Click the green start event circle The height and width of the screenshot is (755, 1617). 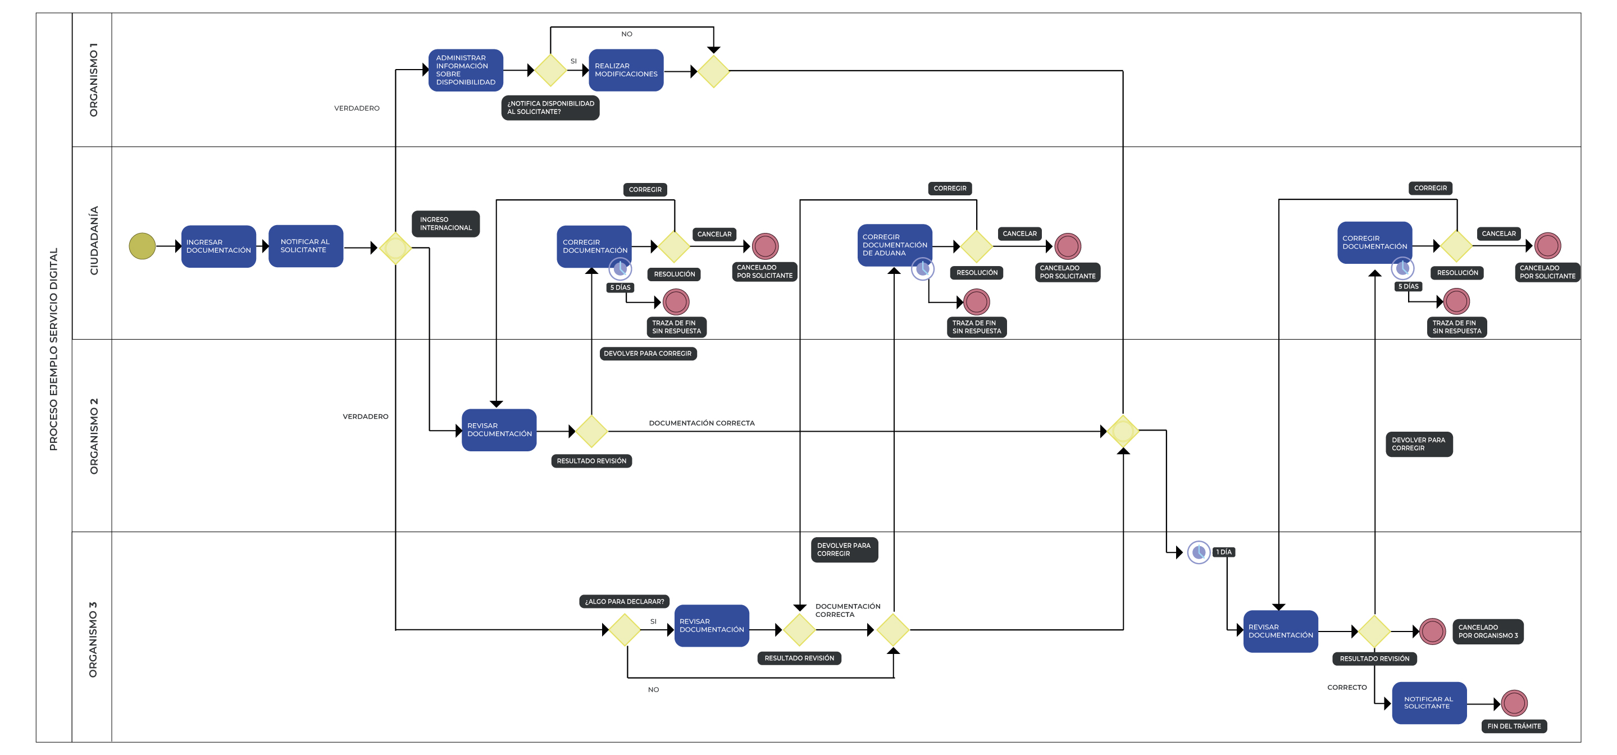pos(143,246)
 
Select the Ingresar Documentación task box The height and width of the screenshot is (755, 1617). pos(218,246)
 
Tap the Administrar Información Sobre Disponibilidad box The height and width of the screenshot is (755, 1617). pos(465,70)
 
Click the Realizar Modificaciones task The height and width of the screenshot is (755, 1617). pos(626,70)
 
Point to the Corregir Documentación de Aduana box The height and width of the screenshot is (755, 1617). pos(895,245)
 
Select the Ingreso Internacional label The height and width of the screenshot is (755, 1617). pos(446,224)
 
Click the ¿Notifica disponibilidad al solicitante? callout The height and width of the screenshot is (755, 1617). pos(550,108)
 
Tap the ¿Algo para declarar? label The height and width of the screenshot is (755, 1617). pos(624,601)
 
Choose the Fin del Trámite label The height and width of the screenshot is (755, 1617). pos(1514,726)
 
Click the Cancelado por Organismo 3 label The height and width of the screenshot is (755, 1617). pos(1488,632)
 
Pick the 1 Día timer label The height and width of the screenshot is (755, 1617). pos(1224,552)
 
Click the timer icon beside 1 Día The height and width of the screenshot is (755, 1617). pos(1199,552)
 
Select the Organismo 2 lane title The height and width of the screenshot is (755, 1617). pos(94,436)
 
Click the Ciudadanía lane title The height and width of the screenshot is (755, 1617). pos(94,240)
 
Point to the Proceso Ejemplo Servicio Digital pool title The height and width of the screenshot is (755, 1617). pos(53,349)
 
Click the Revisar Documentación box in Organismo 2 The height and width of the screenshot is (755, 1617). pos(499,430)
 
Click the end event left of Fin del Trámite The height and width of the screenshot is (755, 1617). pos(1514,703)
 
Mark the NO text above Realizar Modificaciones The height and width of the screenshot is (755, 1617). pos(626,34)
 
